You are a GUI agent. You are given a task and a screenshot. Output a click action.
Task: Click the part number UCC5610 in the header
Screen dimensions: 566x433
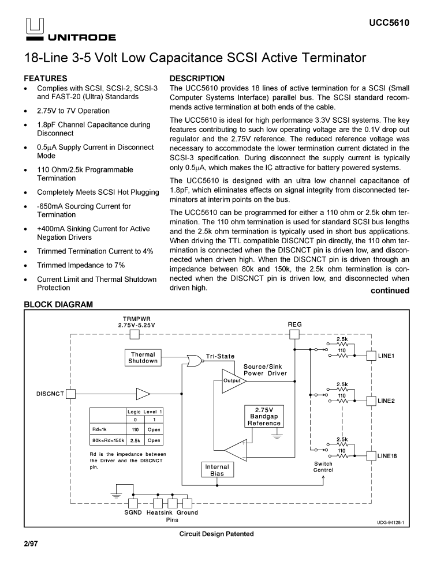click(389, 24)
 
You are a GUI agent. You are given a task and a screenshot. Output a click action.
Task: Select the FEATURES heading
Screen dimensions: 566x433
click(46, 78)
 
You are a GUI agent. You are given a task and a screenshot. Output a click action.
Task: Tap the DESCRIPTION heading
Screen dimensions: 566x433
click(197, 78)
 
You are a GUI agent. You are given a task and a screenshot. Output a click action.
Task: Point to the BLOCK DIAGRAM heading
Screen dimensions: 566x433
click(58, 304)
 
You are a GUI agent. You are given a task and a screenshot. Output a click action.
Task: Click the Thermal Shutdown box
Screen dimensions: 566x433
click(143, 358)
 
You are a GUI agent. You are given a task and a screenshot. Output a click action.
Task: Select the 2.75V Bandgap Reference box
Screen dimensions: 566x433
click(264, 417)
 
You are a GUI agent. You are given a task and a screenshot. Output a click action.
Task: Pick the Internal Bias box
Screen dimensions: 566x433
click(217, 470)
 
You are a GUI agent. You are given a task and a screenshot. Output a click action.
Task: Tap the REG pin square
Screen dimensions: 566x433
click(294, 335)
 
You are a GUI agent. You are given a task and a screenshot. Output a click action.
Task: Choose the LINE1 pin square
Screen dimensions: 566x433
click(371, 356)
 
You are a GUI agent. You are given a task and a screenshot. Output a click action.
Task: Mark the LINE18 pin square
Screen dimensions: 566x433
click(371, 456)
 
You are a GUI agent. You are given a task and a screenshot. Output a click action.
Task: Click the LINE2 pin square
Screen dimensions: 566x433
click(371, 400)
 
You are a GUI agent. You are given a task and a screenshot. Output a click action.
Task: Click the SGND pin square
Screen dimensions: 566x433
click(134, 503)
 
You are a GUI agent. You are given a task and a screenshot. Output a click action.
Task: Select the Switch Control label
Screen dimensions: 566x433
click(323, 467)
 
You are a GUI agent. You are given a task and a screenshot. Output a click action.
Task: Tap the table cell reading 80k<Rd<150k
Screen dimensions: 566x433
click(108, 441)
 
